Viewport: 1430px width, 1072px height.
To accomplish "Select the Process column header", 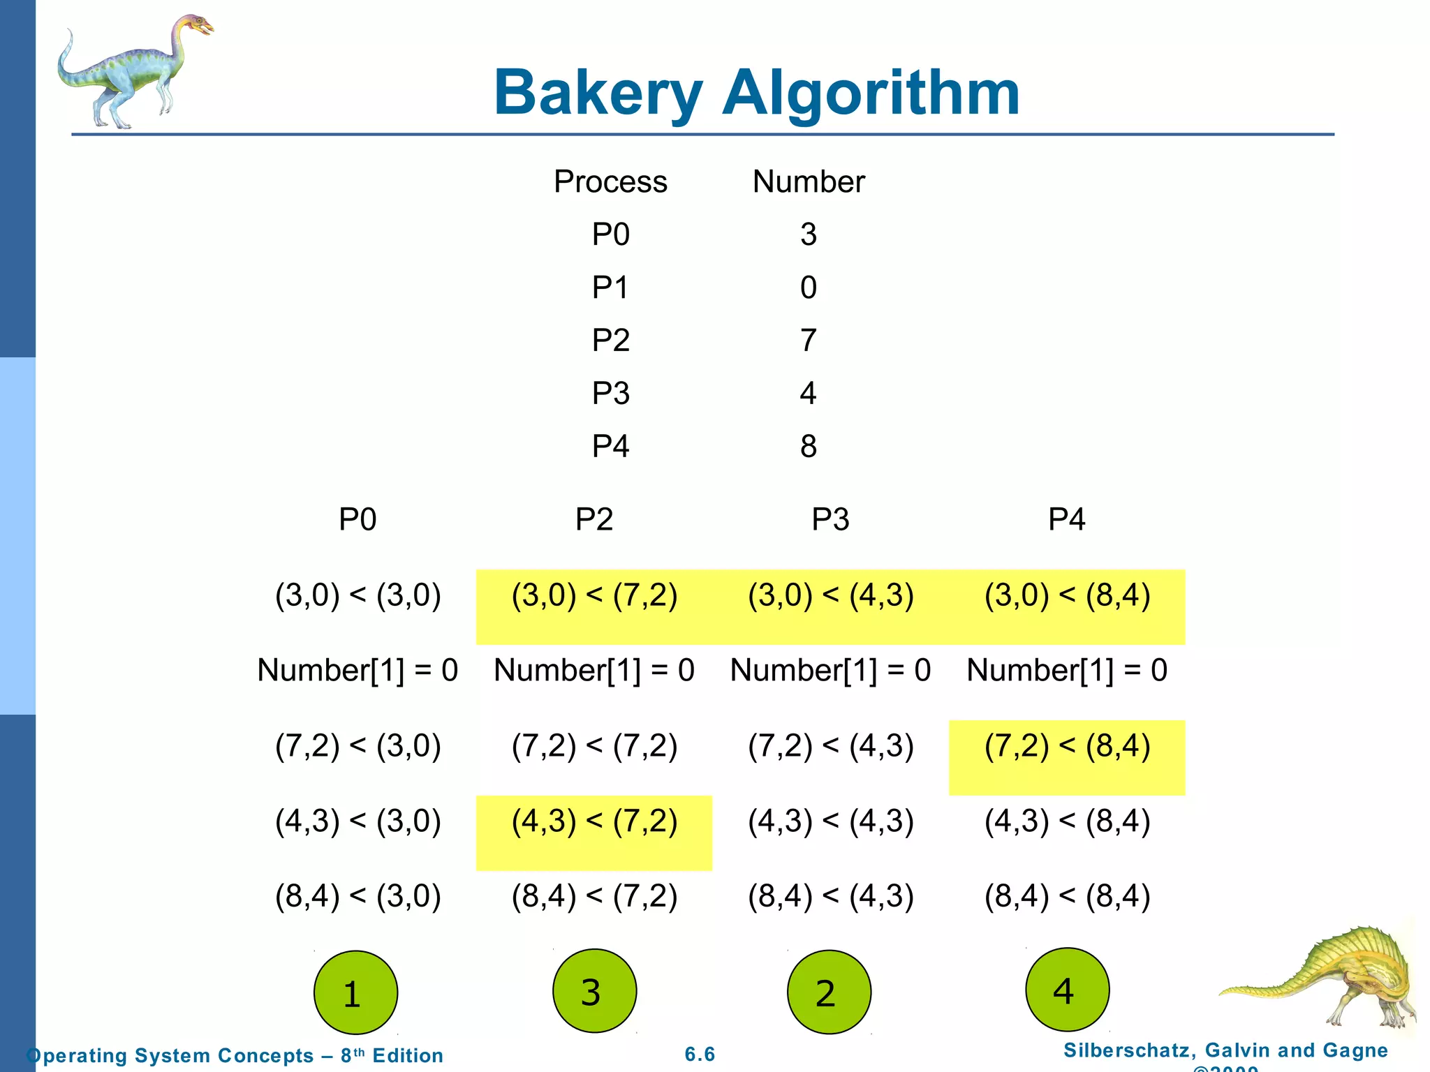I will [x=610, y=181].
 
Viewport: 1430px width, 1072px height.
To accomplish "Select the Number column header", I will [x=808, y=181].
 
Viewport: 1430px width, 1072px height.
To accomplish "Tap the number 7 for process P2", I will [x=808, y=341].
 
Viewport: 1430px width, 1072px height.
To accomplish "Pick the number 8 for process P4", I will [x=808, y=447].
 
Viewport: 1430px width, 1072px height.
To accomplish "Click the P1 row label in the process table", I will [x=610, y=288].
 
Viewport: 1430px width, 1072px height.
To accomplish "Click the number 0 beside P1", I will [x=808, y=288].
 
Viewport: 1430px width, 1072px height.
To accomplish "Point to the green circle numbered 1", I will [x=355, y=992].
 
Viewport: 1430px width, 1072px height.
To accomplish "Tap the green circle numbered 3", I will [x=594, y=990].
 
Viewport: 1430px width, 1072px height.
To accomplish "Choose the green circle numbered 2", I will [x=829, y=992].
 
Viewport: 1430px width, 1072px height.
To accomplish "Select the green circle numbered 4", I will [x=1067, y=990].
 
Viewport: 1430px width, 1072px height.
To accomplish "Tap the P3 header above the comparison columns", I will [x=830, y=519].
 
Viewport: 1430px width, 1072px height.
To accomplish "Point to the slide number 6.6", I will [x=700, y=1054].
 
